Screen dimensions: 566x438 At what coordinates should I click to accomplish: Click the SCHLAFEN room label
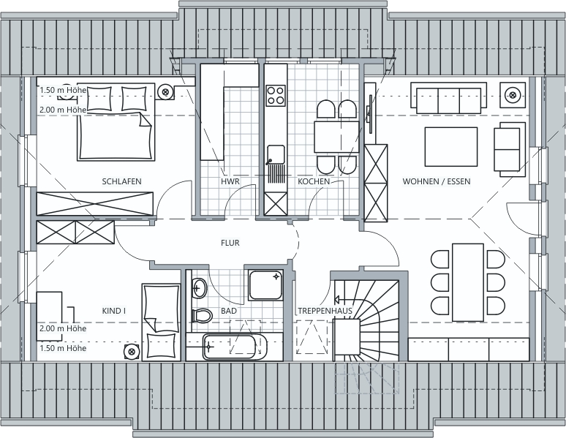121,181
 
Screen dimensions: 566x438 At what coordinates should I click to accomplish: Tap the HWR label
230,181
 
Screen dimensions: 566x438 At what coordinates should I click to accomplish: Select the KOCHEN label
314,181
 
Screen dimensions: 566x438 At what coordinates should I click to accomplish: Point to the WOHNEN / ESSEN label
437,181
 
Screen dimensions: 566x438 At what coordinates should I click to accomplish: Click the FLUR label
230,243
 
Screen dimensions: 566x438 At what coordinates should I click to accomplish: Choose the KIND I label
114,311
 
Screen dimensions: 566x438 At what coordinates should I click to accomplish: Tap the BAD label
229,311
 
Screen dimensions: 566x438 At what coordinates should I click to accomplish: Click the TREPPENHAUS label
325,311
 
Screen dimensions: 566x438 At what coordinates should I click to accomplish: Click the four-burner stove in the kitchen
276,95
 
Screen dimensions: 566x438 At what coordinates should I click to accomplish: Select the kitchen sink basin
276,154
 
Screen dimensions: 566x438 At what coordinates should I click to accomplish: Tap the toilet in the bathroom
201,317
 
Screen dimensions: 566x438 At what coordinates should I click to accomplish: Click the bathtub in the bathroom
235,347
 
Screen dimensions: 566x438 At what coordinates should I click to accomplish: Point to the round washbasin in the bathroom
199,288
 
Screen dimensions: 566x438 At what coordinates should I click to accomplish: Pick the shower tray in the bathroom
265,285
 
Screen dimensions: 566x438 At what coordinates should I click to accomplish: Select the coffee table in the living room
451,146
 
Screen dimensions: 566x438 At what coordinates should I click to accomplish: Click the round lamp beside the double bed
166,91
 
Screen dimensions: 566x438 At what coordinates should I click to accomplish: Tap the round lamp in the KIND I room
131,351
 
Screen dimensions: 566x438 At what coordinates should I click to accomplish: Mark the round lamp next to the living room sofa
513,95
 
